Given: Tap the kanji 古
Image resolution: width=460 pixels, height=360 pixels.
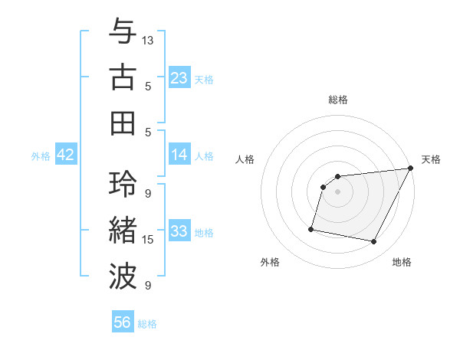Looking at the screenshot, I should coord(123,78).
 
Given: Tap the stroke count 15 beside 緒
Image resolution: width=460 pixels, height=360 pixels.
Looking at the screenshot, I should coord(148,240).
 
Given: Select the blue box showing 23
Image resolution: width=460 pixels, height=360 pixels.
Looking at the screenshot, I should coord(179,78).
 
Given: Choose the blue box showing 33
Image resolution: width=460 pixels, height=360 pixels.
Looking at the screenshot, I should coord(179,231).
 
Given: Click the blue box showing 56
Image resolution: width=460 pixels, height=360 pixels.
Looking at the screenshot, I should coord(123,322).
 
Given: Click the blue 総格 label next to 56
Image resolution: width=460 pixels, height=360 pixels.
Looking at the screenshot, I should coord(147,324).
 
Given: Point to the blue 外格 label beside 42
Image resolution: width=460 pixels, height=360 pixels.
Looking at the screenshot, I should coord(41,156).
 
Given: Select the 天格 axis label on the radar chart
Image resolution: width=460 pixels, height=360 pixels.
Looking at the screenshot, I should coord(431,159).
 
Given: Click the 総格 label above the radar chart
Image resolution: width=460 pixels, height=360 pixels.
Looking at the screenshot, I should coord(337,100).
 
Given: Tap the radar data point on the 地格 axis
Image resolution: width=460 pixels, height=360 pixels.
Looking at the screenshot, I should coord(374,242).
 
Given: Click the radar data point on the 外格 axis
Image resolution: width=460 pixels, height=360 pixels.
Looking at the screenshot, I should coord(311,228).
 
